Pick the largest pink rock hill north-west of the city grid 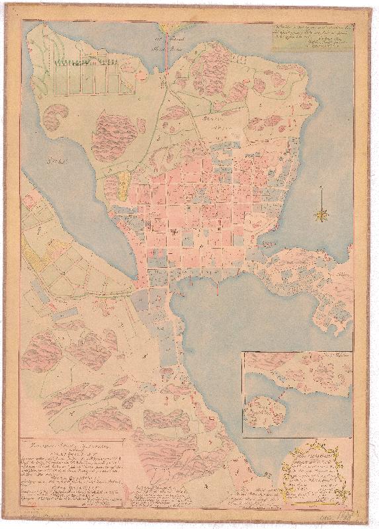[x=115, y=135]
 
